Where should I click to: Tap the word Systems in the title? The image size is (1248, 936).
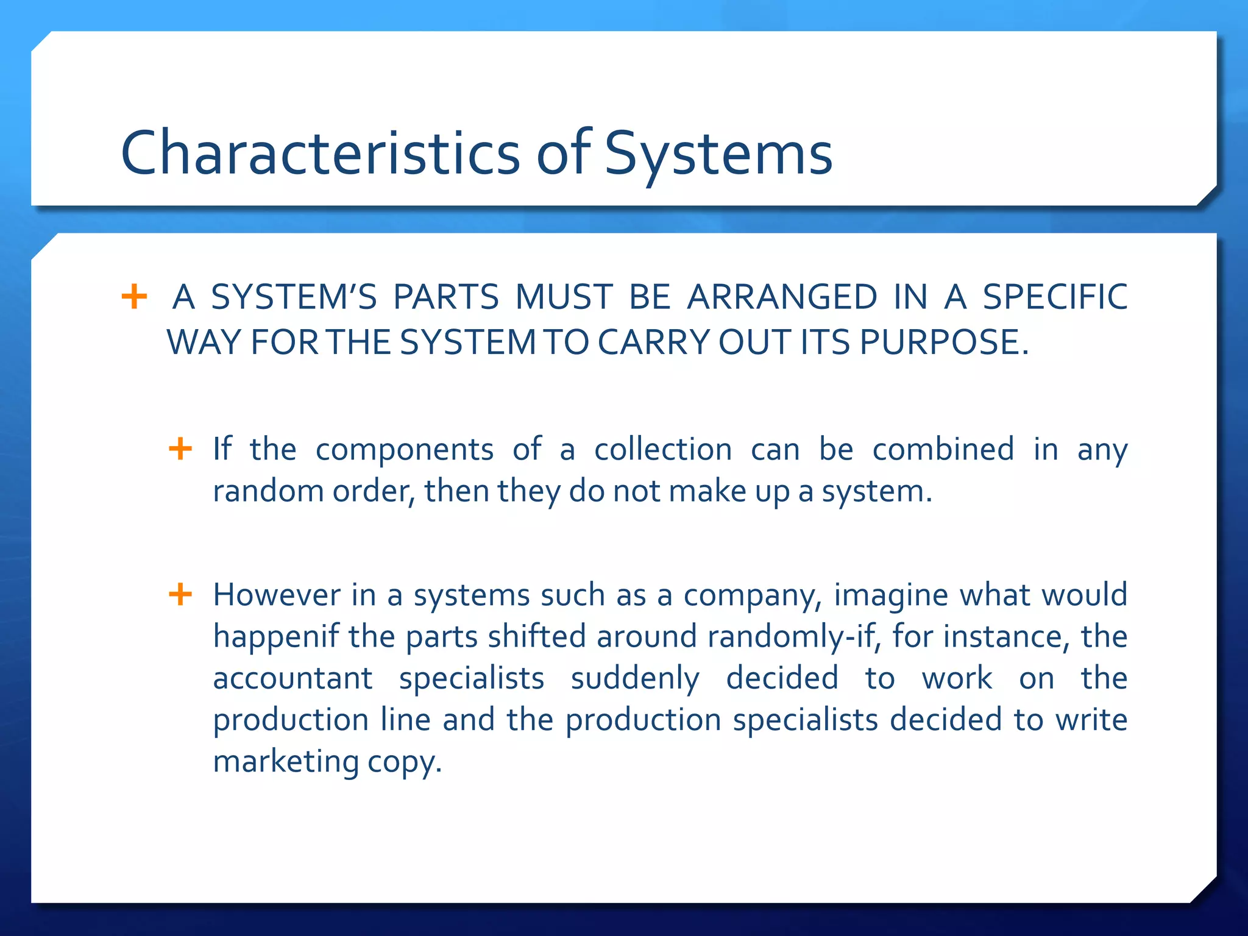coord(718,154)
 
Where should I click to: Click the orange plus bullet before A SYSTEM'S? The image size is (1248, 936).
coord(134,297)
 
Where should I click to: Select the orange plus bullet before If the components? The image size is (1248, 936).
coord(180,449)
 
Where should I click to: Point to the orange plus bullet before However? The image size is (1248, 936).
coord(180,594)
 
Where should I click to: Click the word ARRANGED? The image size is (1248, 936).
coord(782,297)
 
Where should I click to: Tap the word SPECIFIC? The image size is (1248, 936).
coord(1055,297)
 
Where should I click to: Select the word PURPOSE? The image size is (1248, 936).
coord(944,342)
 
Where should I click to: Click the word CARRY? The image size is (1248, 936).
coord(653,342)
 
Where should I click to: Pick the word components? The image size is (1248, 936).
coord(405,450)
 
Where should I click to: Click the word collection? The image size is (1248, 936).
coord(663,450)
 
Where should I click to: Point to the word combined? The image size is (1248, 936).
coord(943,450)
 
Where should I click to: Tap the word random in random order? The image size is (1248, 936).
coord(268,491)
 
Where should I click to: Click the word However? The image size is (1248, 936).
coord(277,595)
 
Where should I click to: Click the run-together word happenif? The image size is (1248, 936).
coord(276,637)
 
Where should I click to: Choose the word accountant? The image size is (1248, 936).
coord(292,678)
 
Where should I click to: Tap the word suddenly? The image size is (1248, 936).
coord(635,679)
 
